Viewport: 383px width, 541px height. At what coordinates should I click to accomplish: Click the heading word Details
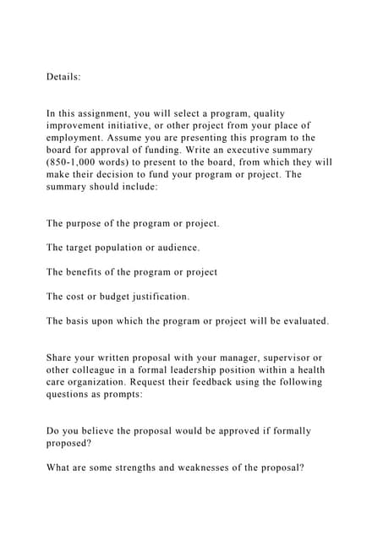[x=63, y=76]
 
